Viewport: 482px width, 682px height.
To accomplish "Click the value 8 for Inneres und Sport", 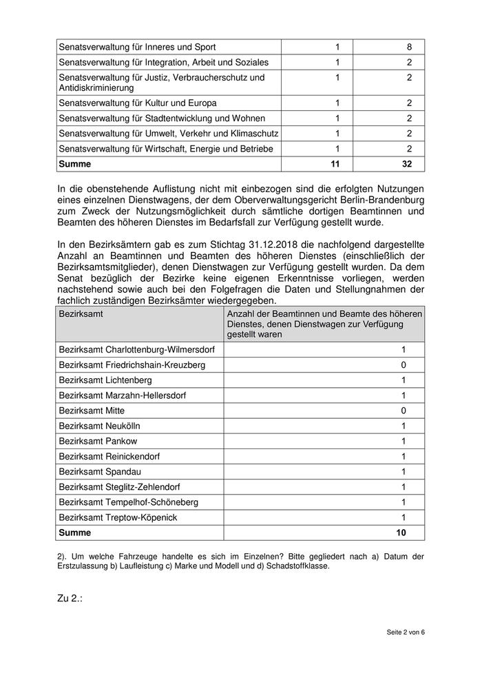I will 409,47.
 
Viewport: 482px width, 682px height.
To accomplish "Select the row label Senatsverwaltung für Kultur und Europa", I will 138,103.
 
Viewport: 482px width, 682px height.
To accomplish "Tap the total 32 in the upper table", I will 406,165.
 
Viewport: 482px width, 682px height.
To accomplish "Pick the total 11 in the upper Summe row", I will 336,165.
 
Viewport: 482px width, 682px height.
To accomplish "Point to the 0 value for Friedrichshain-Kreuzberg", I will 404,364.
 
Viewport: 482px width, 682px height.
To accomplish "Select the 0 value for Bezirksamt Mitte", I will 404,411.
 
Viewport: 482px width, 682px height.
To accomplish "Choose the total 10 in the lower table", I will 401,533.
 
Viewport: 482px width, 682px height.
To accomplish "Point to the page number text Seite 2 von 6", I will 406,632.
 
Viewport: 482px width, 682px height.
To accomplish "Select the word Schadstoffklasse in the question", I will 295,566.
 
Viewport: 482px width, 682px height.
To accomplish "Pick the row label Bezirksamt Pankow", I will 98,441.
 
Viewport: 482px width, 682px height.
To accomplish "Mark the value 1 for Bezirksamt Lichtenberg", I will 404,380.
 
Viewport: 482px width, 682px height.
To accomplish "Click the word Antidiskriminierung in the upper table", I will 96,88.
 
